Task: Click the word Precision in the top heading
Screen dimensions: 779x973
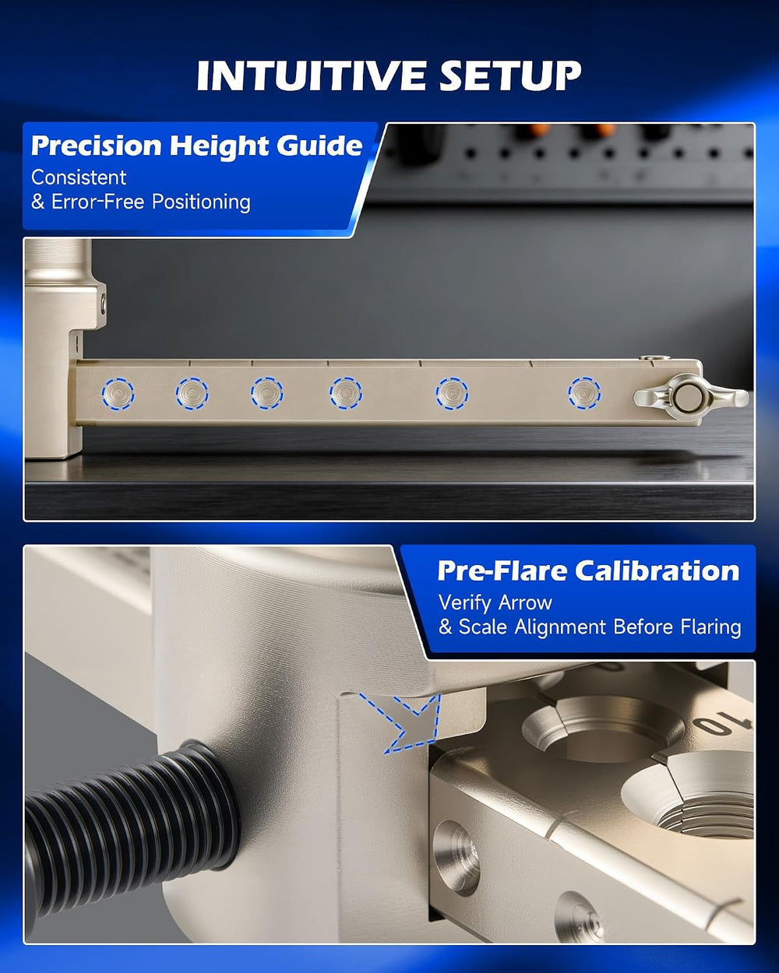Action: pyautogui.click(x=96, y=146)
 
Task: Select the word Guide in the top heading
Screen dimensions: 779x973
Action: pyautogui.click(x=319, y=146)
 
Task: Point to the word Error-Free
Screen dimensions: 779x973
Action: pyautogui.click(x=98, y=202)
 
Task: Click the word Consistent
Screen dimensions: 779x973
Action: pyautogui.click(x=79, y=177)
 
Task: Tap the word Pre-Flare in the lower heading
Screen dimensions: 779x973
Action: pyautogui.click(x=502, y=571)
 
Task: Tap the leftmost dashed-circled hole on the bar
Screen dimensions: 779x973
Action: pyautogui.click(x=118, y=394)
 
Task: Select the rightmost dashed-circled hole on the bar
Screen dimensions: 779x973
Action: pyautogui.click(x=584, y=393)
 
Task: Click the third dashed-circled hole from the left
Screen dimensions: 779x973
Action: pyautogui.click(x=266, y=393)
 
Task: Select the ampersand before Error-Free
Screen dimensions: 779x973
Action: pyautogui.click(x=38, y=202)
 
